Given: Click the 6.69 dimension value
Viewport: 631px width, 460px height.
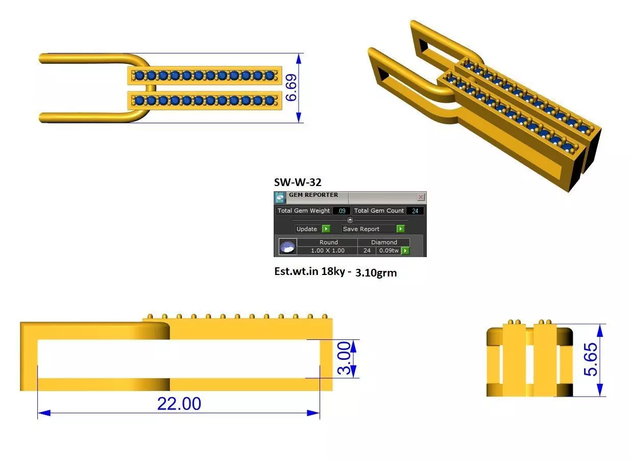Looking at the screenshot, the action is coord(291,87).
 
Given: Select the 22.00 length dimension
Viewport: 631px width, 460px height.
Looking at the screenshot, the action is coord(179,404).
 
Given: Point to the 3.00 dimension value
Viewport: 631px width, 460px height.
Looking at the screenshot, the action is coord(344,358).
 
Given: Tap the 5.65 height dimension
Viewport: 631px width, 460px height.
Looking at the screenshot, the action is coord(590,360).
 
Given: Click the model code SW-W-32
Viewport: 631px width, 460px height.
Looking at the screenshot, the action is coord(298,182).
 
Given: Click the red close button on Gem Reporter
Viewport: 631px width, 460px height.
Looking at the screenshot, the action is coord(421,197).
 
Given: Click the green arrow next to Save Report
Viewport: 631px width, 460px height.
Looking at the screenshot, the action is coord(400,229).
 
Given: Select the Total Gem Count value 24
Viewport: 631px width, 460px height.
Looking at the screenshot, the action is coord(415,211).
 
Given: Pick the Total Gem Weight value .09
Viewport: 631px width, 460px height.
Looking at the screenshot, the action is coord(342,211).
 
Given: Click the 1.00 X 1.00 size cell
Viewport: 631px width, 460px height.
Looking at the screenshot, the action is coord(328,250).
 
